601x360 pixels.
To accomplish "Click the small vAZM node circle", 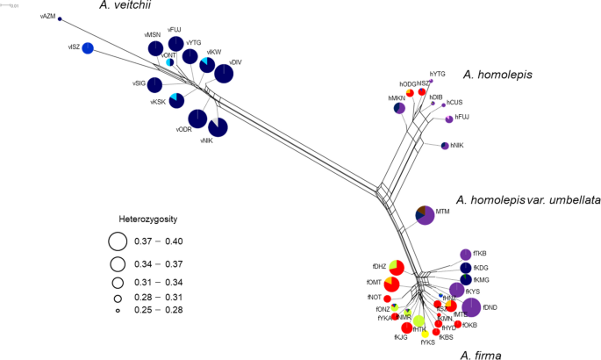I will (x=60, y=18).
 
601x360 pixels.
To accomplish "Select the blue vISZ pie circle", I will (x=88, y=48).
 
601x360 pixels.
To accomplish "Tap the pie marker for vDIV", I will (x=225, y=74).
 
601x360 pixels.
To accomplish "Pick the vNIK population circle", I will (x=218, y=127).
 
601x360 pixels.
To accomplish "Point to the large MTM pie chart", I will (x=425, y=215).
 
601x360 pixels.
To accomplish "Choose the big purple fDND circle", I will (x=471, y=306).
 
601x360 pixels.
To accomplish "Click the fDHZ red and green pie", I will (x=396, y=267).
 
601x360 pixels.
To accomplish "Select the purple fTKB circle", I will (x=465, y=255).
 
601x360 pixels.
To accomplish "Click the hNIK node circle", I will (x=445, y=145).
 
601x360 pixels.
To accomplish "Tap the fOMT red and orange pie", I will (x=391, y=284).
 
